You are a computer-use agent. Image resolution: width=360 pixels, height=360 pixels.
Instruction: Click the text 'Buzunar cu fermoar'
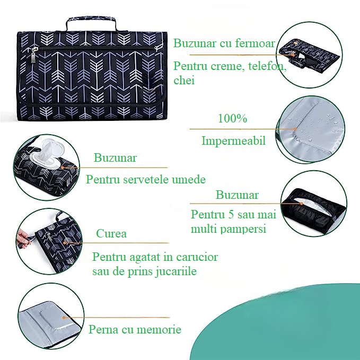point(224,43)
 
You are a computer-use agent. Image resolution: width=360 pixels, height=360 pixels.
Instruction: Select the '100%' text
point(232,119)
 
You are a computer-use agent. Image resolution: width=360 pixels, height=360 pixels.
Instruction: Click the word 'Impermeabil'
point(233,141)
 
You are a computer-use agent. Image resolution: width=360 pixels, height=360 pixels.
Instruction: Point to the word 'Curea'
point(111,234)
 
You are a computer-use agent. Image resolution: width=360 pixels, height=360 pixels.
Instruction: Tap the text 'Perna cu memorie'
point(135,329)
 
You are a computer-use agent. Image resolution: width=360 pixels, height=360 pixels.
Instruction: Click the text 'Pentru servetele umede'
point(146,179)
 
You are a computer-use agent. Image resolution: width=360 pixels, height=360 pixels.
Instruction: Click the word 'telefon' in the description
point(270,67)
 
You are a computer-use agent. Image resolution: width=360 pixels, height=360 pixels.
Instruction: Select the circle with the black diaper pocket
point(314,203)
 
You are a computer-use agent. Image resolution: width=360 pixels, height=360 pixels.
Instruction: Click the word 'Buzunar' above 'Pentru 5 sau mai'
point(237,195)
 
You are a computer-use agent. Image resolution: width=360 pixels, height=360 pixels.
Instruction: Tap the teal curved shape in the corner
point(297,329)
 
